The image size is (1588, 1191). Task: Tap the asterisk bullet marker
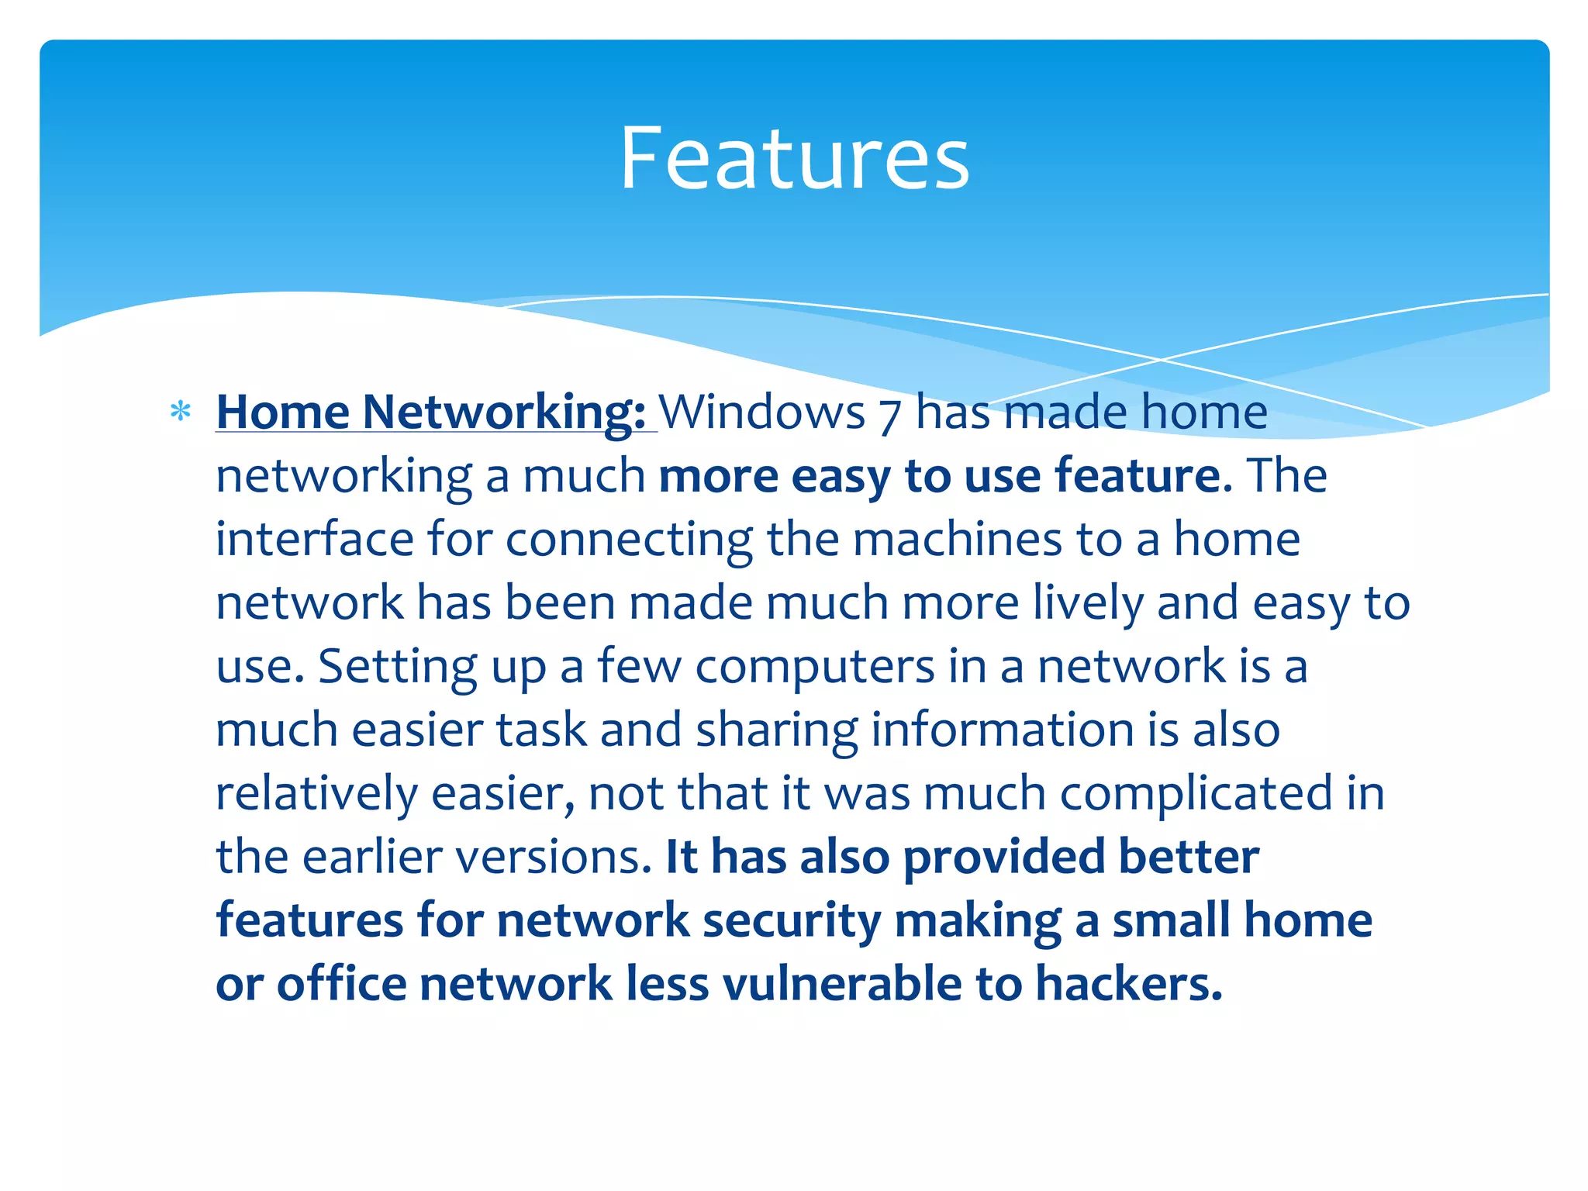point(181,411)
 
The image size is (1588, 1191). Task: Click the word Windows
point(761,411)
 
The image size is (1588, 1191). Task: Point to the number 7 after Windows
point(889,413)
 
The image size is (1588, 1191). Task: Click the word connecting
point(629,540)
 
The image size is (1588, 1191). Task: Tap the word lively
point(1088,603)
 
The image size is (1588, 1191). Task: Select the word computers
point(814,667)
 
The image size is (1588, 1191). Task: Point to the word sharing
point(776,730)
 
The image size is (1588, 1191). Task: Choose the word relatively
point(316,794)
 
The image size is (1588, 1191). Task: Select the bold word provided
point(1004,858)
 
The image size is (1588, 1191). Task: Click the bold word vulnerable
point(842,984)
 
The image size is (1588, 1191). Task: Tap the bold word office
point(341,984)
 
